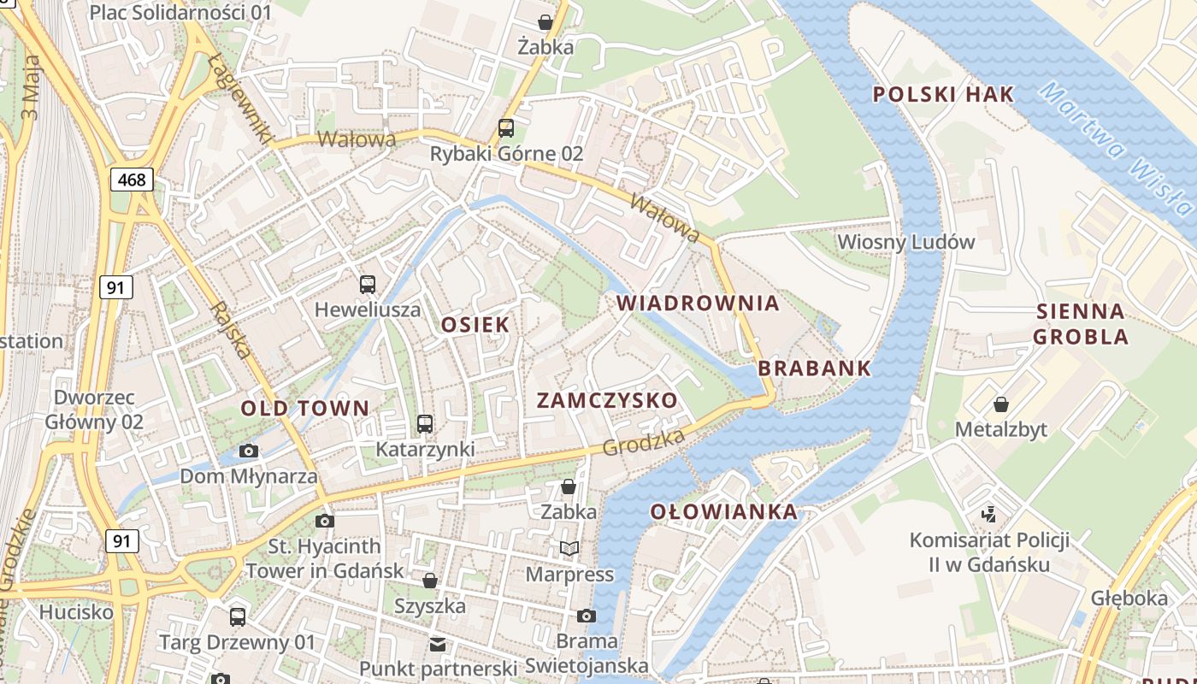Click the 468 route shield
click(x=132, y=180)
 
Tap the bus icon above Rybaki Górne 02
click(x=506, y=128)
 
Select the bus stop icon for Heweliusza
click(x=368, y=284)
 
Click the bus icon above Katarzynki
click(x=425, y=423)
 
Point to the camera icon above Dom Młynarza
click(x=249, y=451)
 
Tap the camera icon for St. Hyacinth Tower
click(x=324, y=521)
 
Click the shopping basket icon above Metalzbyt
click(x=1000, y=404)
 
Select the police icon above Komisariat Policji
click(x=989, y=514)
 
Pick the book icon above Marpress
click(x=569, y=548)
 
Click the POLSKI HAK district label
click(x=943, y=94)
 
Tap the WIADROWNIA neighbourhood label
click(x=698, y=303)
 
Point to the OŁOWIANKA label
click(x=723, y=511)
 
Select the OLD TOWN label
click(x=305, y=408)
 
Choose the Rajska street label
click(x=232, y=330)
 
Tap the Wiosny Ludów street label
click(x=905, y=241)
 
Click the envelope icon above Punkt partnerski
click(x=438, y=644)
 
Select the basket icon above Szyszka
click(x=430, y=581)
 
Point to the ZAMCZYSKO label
click(x=607, y=400)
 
